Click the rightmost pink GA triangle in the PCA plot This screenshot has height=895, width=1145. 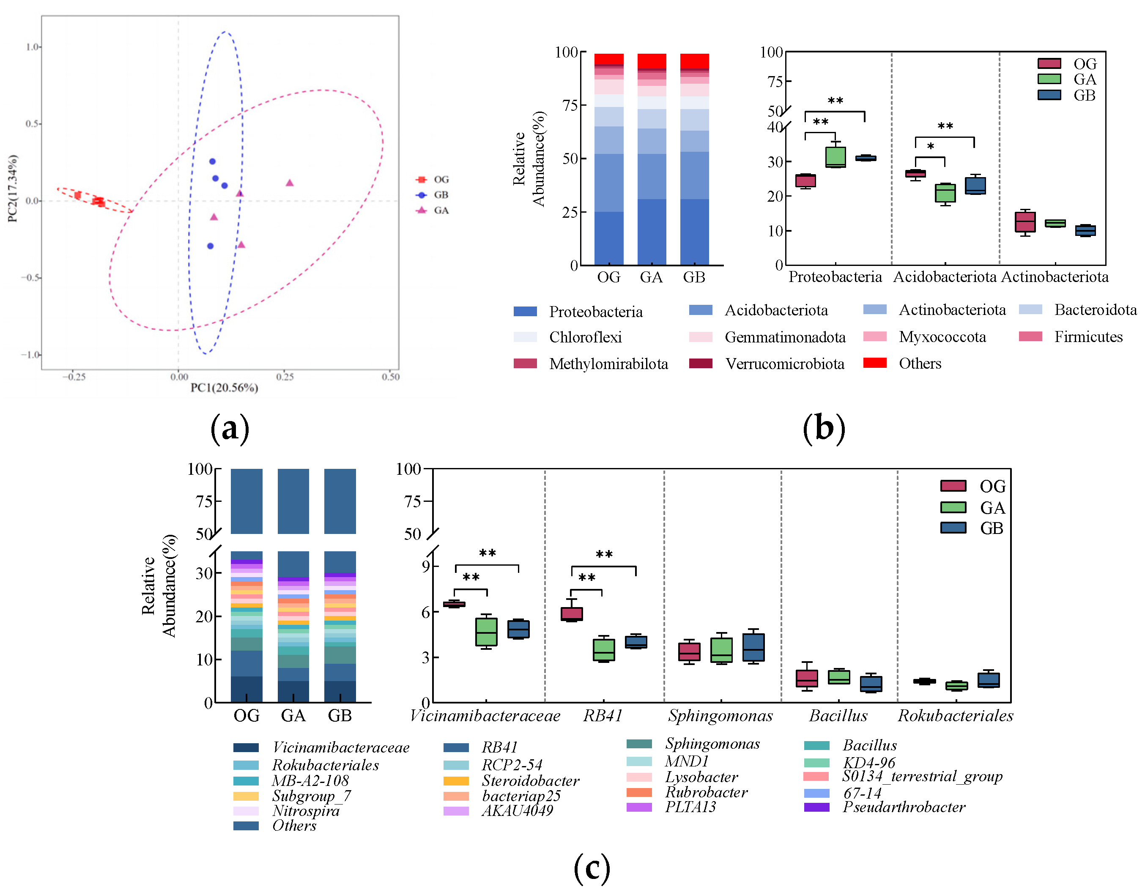289,183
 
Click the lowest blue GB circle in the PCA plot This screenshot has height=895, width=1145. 210,246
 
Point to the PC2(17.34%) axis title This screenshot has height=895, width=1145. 13,188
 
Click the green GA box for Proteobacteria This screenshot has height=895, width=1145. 835,157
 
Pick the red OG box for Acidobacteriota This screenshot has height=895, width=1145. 915,174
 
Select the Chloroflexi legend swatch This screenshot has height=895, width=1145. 525,337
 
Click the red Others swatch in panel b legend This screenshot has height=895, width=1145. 874,363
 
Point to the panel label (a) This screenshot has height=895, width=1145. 229,428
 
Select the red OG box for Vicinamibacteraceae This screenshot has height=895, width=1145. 454,604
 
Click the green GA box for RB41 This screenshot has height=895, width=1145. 603,650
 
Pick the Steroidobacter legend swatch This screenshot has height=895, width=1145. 455,781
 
